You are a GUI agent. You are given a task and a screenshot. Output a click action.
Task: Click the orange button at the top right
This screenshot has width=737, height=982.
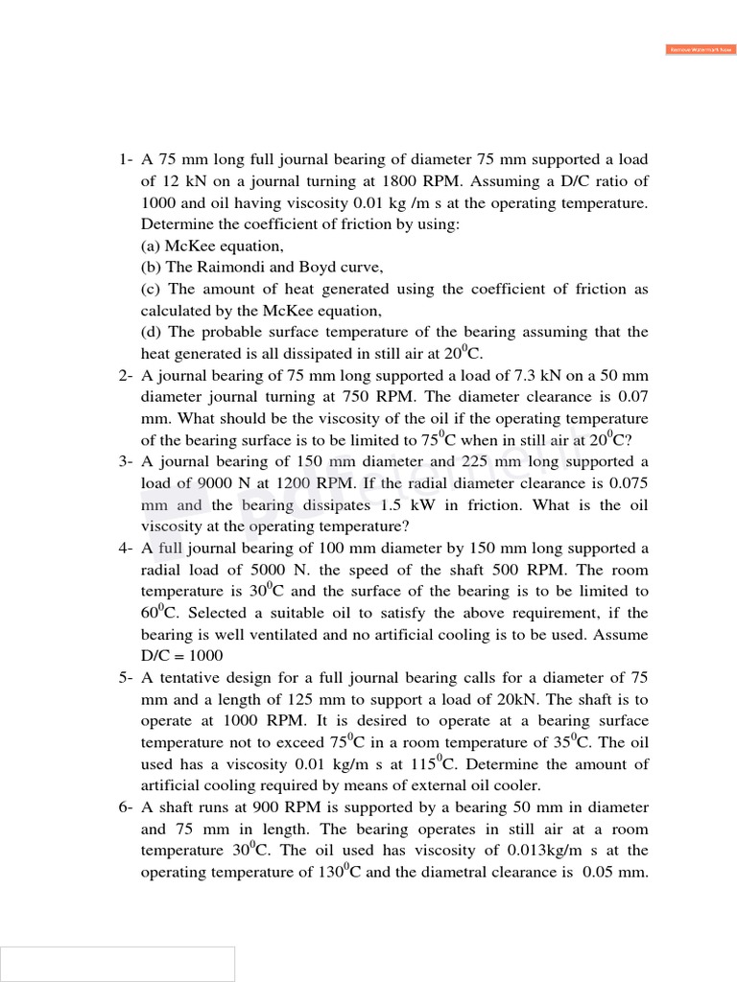click(699, 49)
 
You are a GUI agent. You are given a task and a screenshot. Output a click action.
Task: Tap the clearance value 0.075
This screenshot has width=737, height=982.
click(628, 483)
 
